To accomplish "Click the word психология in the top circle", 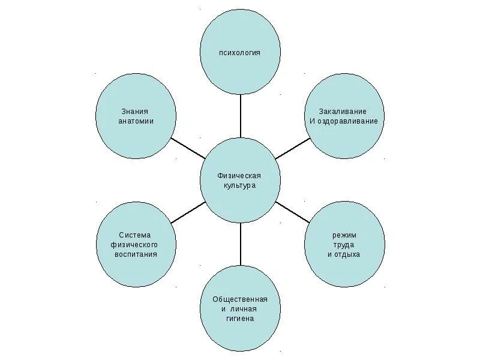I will (x=239, y=53).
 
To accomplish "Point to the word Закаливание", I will (x=343, y=112).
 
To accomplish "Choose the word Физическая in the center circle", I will (x=239, y=176).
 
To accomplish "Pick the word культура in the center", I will (x=239, y=185).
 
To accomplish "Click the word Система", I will (x=136, y=235).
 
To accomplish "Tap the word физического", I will (x=136, y=244).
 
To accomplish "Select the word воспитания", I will (x=136, y=254).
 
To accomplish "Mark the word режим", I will (x=344, y=235).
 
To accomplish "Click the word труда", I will (x=344, y=244).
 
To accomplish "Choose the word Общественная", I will (x=239, y=299).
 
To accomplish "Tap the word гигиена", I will (x=239, y=318).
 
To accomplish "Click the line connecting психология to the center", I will (x=240, y=116).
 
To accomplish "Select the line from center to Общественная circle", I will (x=240, y=244).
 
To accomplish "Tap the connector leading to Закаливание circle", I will (x=292, y=149).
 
